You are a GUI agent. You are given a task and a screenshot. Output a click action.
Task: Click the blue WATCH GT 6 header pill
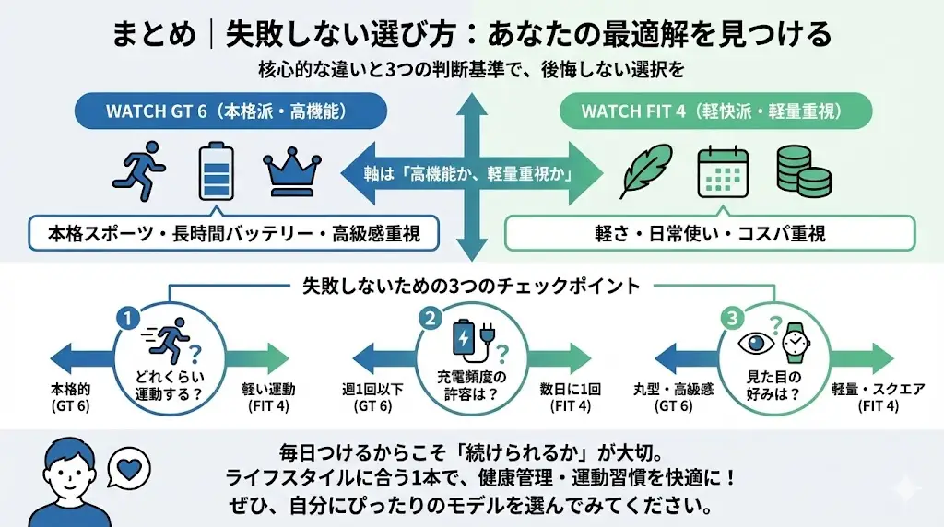click(x=231, y=111)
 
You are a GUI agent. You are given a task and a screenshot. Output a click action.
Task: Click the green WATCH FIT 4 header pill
click(x=711, y=111)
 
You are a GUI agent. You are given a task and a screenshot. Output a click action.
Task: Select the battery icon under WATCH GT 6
click(x=214, y=170)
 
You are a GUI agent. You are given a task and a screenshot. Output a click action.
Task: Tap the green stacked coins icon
click(x=798, y=170)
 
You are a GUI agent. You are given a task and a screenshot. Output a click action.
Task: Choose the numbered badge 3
click(x=731, y=318)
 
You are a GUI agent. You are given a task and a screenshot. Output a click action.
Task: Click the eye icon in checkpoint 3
click(x=755, y=343)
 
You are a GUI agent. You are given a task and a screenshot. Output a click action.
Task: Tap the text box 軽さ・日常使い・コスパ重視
click(x=710, y=234)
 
